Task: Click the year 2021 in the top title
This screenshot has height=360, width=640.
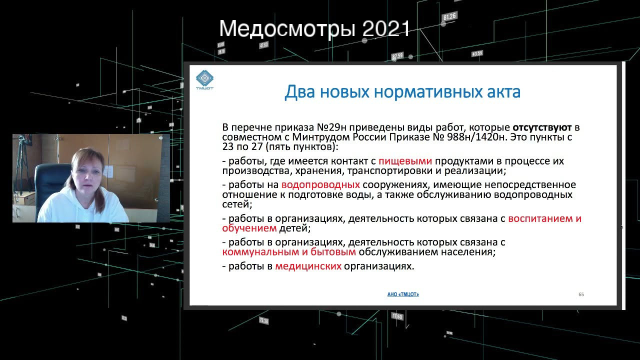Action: coord(386,29)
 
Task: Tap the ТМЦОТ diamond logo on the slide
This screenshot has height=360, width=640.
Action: coord(204,79)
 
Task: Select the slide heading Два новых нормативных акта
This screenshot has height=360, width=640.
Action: coord(402,92)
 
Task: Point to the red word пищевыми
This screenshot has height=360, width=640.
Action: coord(405,161)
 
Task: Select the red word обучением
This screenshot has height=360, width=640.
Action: coord(249,228)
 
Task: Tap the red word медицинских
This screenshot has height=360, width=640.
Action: coord(308,266)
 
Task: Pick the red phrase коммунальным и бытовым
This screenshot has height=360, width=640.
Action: coord(288,252)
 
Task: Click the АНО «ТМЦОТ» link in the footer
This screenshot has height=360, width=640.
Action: coord(403,294)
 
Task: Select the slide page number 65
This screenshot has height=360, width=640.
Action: coord(581,294)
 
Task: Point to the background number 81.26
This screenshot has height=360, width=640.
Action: coord(449,16)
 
